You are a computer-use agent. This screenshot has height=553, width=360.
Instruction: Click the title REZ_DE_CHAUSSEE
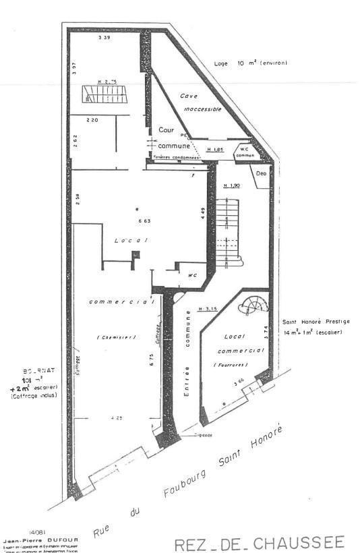[x=260, y=544]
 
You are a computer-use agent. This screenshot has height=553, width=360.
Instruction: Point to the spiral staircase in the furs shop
[x=254, y=307]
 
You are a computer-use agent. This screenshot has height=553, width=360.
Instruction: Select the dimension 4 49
[x=203, y=213]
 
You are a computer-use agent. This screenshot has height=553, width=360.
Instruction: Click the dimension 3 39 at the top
[x=104, y=38]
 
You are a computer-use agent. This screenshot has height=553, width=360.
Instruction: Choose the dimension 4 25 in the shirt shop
[x=115, y=419]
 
